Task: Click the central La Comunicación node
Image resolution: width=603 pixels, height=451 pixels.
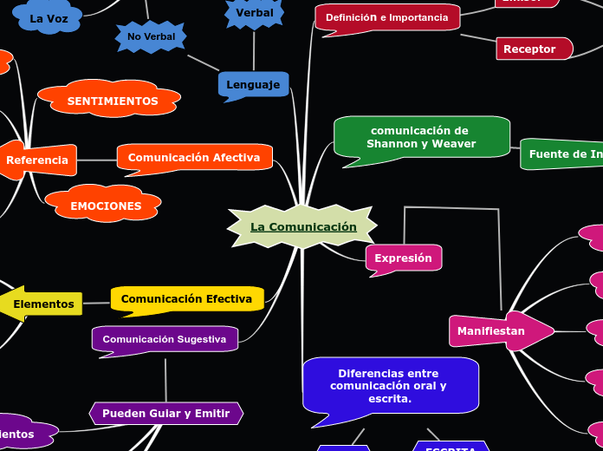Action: pos(302,227)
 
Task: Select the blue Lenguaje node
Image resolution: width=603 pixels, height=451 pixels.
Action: pos(253,85)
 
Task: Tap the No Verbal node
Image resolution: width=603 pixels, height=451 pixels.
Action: pos(151,36)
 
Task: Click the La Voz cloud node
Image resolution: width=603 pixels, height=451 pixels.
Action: pos(49,18)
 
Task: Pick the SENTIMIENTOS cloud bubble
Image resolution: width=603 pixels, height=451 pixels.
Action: pos(112,101)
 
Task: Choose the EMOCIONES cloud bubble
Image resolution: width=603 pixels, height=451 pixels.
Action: pos(105,206)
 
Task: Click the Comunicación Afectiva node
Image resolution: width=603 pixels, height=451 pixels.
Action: pos(194,158)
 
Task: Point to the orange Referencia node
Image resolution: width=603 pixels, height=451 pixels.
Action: pos(37,160)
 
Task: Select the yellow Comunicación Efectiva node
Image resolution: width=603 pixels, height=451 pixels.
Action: pos(186,299)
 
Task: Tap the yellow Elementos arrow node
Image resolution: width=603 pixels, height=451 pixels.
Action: pos(43,304)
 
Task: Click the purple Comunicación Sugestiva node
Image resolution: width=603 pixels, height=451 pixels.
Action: pos(165,339)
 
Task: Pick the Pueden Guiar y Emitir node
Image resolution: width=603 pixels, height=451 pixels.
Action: pos(165,413)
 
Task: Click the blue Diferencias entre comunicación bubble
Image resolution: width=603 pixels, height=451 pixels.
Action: pos(389,386)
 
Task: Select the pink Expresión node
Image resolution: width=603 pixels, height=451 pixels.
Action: pos(403,258)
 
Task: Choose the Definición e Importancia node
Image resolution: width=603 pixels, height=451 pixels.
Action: pos(386,17)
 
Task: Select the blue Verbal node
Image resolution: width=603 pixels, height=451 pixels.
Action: pos(254,13)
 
